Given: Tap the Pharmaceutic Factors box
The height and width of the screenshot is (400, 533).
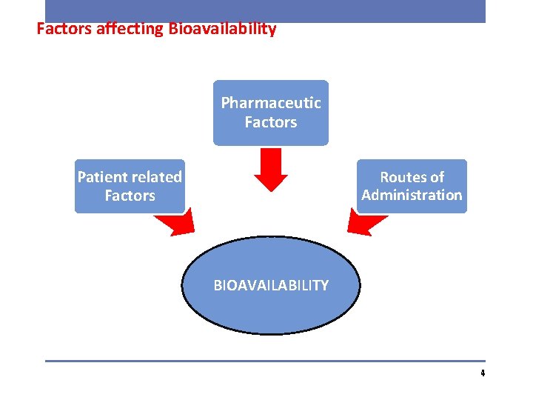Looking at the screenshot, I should pyautogui.click(x=271, y=113).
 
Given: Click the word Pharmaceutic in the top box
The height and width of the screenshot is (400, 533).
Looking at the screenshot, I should pyautogui.click(x=271, y=103).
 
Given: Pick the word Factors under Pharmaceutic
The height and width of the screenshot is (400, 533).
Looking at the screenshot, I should pyautogui.click(x=271, y=122).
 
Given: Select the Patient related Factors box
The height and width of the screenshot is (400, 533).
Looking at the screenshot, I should pyautogui.click(x=130, y=187).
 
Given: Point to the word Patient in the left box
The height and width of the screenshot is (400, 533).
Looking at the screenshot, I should pyautogui.click(x=101, y=177).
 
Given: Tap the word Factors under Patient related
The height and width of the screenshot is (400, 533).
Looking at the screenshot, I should pyautogui.click(x=130, y=196).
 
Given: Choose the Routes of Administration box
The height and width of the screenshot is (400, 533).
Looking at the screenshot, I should pyautogui.click(x=412, y=186).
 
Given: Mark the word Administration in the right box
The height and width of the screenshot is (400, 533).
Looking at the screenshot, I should pyautogui.click(x=412, y=196).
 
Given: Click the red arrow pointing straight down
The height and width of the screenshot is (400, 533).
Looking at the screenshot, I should pyautogui.click(x=270, y=169).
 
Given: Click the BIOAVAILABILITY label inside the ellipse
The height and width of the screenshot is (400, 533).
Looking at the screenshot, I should pyautogui.click(x=271, y=285).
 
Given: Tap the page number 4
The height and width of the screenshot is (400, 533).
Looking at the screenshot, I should pyautogui.click(x=482, y=373).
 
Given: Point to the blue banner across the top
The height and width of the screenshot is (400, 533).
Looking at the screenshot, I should pyautogui.click(x=265, y=10).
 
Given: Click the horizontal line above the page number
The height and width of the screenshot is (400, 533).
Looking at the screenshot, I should pyautogui.click(x=265, y=361).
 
